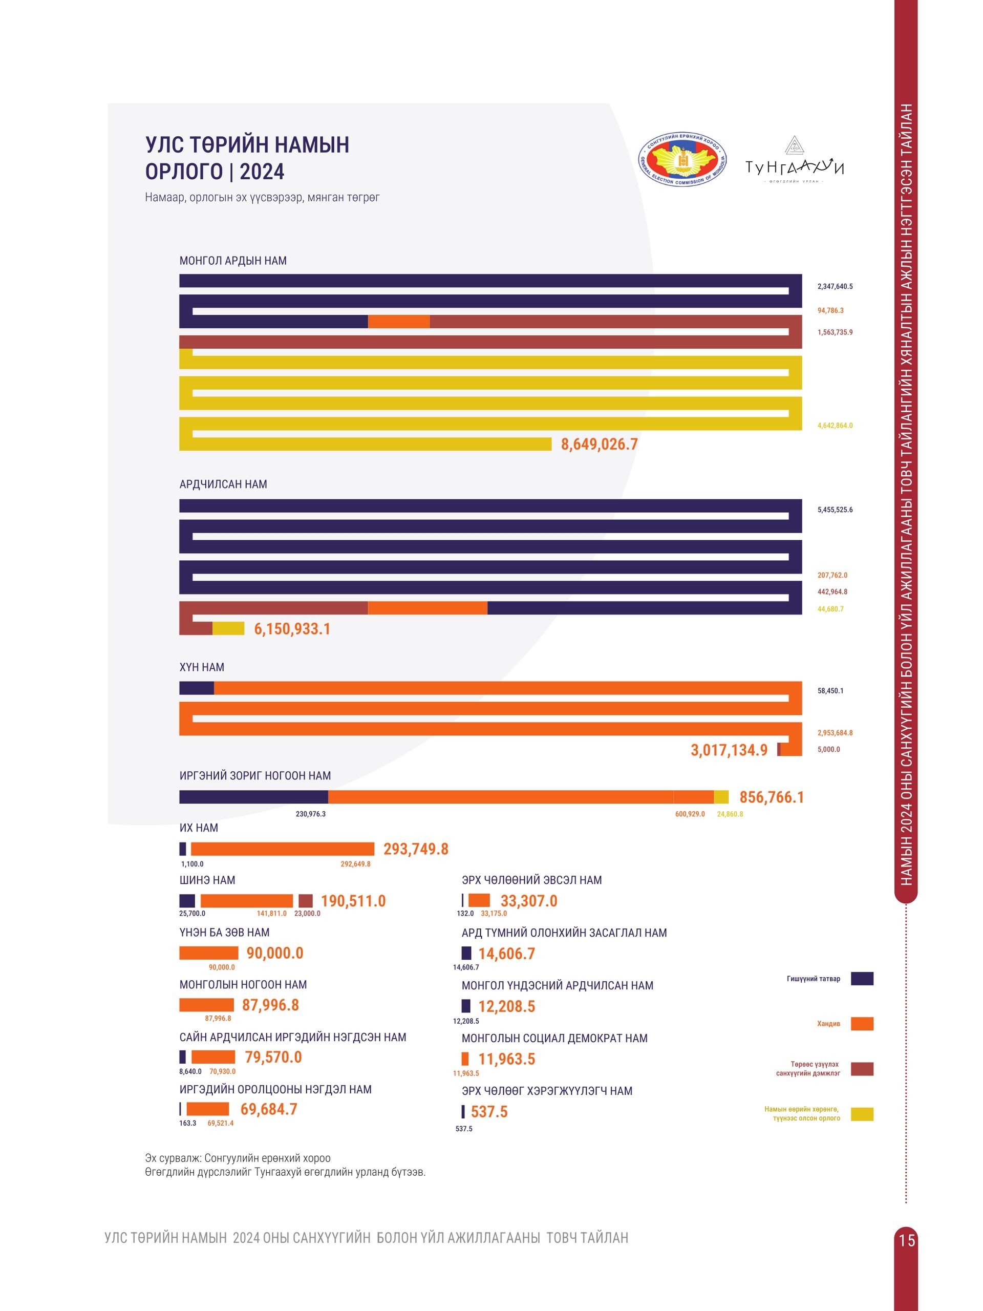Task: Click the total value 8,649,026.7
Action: (599, 444)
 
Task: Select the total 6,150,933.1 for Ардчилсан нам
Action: (292, 629)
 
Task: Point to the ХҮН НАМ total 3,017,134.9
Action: (729, 750)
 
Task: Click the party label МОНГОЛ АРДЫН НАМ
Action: (233, 261)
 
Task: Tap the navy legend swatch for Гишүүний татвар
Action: (862, 979)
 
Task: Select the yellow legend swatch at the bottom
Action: (862, 1114)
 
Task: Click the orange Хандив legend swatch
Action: (862, 1024)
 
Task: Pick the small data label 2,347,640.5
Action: (835, 287)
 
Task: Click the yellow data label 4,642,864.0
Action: (835, 426)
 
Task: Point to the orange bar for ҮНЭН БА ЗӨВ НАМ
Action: (208, 953)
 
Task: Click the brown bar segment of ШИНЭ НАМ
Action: (306, 901)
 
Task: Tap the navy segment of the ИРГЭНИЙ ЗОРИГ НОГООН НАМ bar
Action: (253, 797)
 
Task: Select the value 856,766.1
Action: (772, 798)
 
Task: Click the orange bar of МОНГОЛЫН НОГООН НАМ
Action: (206, 1005)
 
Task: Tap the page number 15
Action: (907, 1240)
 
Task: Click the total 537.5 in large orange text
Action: (489, 1112)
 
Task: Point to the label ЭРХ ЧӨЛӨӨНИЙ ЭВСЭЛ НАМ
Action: (531, 880)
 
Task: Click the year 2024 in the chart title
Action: (262, 172)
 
